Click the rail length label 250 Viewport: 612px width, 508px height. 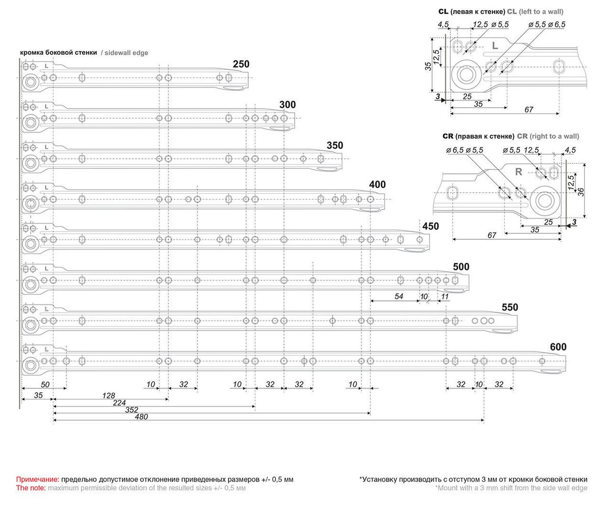coord(241,64)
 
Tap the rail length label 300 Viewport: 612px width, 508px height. coord(287,105)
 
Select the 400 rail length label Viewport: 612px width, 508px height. coord(377,185)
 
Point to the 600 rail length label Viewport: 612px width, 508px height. coord(558,347)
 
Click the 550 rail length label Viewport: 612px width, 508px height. coord(509,308)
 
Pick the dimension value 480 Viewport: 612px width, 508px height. coord(141,417)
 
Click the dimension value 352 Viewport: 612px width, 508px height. coord(132,410)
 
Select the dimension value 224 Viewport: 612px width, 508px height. coord(119,402)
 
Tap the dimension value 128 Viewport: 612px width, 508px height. coord(109,395)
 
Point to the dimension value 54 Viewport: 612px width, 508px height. coord(399,296)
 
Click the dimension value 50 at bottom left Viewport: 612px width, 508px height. coord(45,384)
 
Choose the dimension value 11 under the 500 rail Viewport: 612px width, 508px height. coord(445,296)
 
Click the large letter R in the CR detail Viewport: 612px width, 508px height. coord(518,172)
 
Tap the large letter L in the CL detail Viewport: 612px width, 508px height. coord(495,46)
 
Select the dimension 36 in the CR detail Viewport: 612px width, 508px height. coord(580,192)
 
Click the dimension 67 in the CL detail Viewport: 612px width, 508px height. coord(528,110)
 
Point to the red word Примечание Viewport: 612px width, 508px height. coord(37,479)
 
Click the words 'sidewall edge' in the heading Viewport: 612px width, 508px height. coord(126,53)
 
